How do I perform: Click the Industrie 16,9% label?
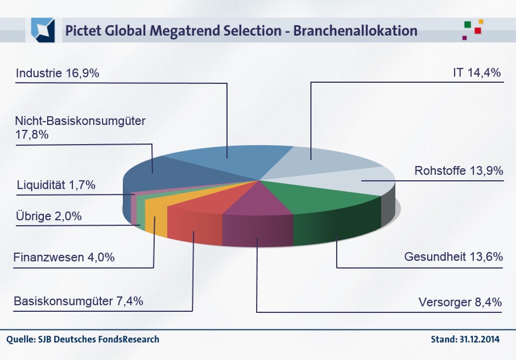pos(57,73)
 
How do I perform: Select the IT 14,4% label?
pos(476,73)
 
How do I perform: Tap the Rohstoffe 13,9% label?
pos(459,171)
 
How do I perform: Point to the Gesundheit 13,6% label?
pos(454,256)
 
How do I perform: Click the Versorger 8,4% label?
pos(460,302)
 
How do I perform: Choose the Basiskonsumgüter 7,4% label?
pos(79,301)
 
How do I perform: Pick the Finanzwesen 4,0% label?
pos(64,258)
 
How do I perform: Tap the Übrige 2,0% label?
pos(49,217)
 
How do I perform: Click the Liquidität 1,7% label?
pos(56,185)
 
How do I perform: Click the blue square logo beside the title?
pos(43,29)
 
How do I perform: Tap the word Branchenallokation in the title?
pos(355,30)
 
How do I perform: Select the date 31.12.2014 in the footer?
pos(477,340)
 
